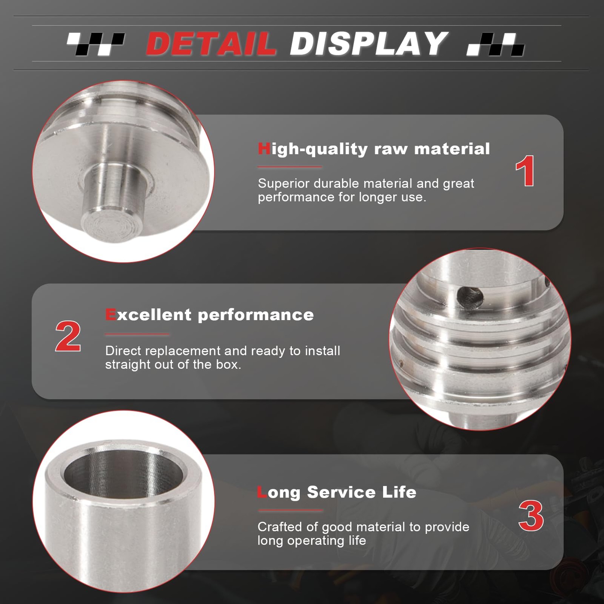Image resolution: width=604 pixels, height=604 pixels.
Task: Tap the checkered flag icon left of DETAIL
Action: point(96,44)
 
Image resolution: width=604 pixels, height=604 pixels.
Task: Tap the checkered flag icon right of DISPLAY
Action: point(495,44)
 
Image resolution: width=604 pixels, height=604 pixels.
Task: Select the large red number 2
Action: point(68,336)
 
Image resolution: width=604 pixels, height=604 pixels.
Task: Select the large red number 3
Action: point(531,516)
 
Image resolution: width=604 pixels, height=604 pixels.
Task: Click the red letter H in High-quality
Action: point(264,149)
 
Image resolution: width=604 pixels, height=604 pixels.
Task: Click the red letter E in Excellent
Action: point(111,314)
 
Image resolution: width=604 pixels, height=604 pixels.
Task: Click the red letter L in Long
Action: point(262,492)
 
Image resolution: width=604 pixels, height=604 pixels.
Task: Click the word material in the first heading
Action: point(452,149)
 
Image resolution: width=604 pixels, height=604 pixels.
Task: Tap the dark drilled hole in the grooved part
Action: point(470,297)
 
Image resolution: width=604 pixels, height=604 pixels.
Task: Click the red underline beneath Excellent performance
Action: point(137,334)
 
